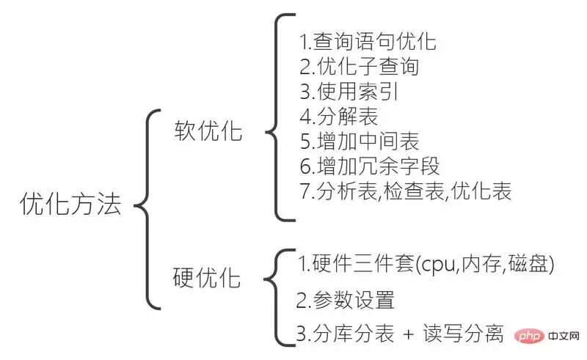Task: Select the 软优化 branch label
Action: tap(208, 131)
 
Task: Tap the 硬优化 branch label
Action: tap(207, 279)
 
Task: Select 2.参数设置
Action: tap(346, 299)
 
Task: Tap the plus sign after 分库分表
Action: tap(409, 335)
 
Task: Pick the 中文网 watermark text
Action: tap(562, 337)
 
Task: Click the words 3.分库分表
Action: tap(346, 334)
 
